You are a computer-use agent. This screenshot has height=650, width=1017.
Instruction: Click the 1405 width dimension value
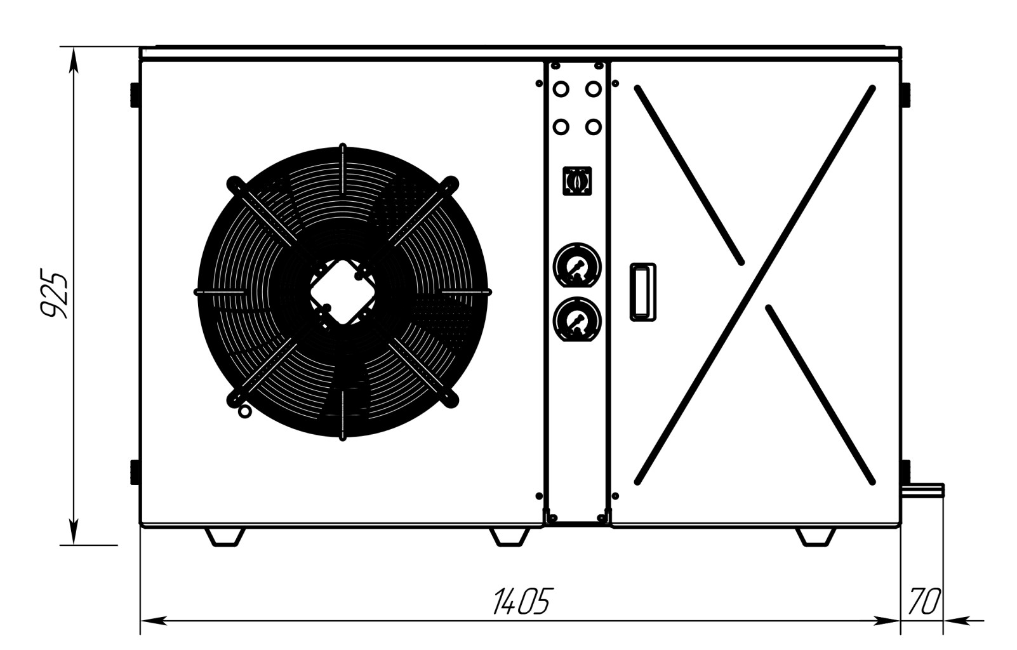coord(523,602)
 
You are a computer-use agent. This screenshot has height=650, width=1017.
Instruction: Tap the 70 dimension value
coord(924,602)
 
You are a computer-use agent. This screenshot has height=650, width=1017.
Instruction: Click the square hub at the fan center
coord(343,292)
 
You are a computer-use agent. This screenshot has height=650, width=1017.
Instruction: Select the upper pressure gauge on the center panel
coord(577,265)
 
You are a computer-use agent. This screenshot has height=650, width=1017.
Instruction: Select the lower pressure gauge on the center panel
coord(577,319)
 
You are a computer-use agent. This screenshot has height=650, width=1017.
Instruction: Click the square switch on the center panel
coord(577,181)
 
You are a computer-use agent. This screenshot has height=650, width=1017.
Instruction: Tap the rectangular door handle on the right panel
coord(643,292)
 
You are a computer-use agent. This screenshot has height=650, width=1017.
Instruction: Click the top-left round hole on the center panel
coord(561,90)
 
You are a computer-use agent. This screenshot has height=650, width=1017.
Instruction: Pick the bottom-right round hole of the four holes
coord(594,127)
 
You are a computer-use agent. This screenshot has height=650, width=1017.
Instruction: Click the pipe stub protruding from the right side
coord(924,491)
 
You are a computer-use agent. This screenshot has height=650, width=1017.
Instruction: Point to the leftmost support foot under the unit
coord(225,537)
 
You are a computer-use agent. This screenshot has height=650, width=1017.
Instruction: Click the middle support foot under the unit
coord(510,537)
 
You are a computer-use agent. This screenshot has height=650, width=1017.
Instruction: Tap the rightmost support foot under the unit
coord(816,537)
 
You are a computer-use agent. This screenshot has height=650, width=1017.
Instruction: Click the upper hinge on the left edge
coord(135,95)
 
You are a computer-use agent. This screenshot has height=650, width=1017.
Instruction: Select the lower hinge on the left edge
coord(135,472)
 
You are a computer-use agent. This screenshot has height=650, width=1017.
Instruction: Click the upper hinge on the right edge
coord(906,95)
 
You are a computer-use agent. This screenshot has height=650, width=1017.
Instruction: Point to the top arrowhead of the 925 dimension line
coord(74,60)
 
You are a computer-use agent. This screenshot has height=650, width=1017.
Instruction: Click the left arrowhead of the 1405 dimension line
coord(154,621)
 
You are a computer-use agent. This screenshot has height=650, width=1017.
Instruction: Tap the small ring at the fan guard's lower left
coord(244,411)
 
